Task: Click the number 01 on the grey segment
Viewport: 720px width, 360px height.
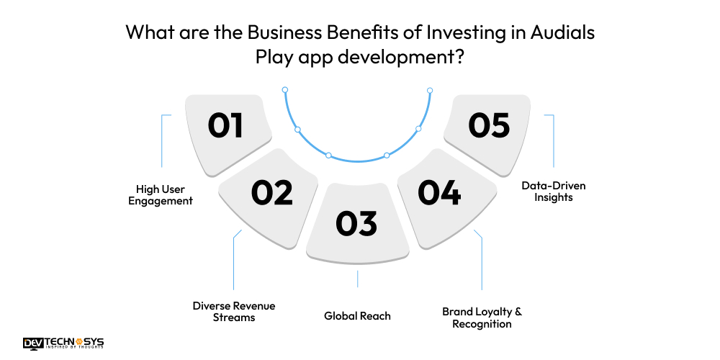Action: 225,126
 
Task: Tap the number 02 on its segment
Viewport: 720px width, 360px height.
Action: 271,192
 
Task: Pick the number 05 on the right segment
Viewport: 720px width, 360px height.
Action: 489,126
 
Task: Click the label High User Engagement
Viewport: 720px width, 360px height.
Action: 160,194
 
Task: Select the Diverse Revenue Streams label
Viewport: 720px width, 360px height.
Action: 233,311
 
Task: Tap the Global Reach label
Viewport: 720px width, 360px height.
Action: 357,315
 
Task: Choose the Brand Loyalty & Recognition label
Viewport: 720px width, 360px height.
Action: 482,318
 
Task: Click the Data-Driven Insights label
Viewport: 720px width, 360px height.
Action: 553,191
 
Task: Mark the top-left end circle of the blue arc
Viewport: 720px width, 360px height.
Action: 285,90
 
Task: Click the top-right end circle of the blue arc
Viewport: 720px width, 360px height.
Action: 430,90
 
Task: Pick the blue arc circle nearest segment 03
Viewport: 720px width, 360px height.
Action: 329,156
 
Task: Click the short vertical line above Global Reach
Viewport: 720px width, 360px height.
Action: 357,279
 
